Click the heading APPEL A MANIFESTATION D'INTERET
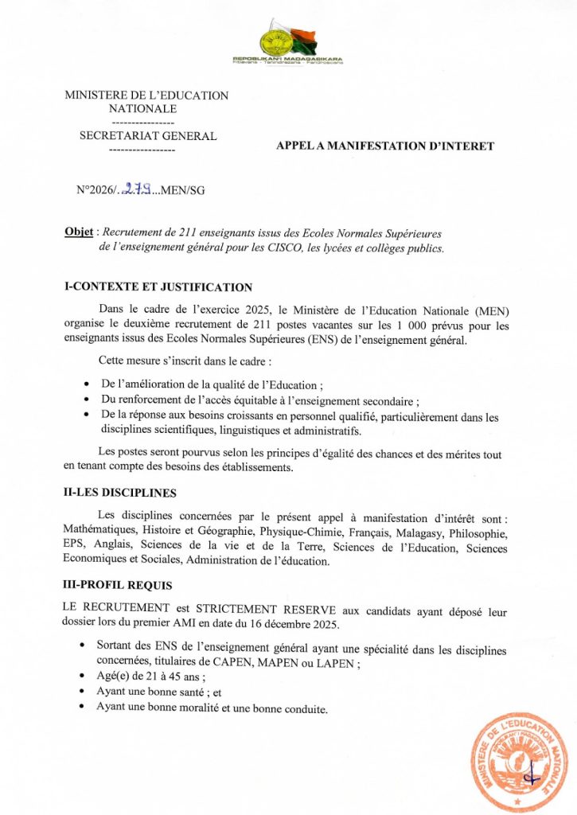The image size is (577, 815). (x=384, y=146)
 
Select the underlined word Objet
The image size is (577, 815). (x=78, y=232)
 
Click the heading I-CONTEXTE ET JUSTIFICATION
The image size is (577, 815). (x=158, y=287)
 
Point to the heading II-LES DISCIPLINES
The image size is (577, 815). (x=120, y=493)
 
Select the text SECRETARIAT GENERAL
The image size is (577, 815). (x=148, y=136)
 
